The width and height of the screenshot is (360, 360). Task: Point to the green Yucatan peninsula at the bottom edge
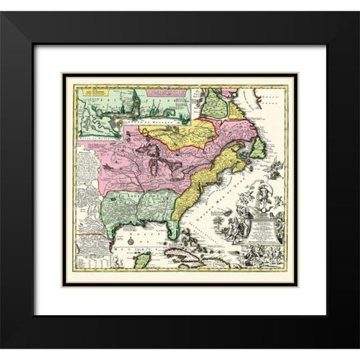coord(141,258)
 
